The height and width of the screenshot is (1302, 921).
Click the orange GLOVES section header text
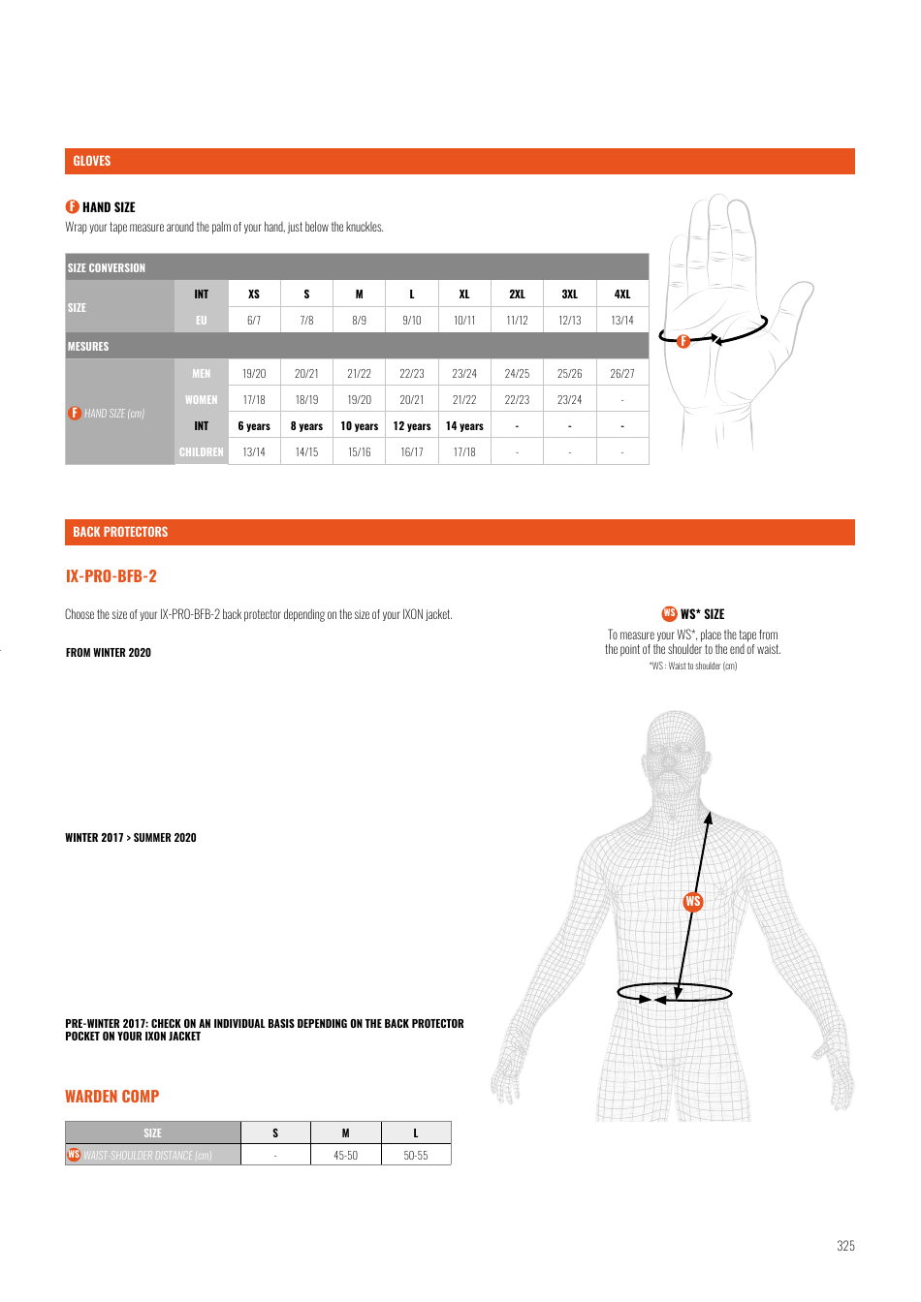(x=92, y=161)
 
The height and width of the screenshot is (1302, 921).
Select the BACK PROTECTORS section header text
(x=120, y=532)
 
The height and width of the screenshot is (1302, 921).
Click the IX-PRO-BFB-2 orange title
(x=111, y=576)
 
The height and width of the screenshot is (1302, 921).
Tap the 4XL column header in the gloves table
(x=622, y=294)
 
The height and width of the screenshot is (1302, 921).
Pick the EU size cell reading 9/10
(x=411, y=320)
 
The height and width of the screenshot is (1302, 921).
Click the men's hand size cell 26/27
(x=622, y=373)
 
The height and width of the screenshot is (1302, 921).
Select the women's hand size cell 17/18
(x=254, y=399)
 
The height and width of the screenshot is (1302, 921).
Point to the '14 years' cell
(x=464, y=426)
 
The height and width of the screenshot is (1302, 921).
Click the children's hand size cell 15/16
(x=359, y=452)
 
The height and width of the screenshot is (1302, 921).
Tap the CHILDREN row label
(x=202, y=452)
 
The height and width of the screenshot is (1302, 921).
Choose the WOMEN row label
(x=202, y=399)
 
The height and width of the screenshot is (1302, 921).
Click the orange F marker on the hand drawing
(x=683, y=341)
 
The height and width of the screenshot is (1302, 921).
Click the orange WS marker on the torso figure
(x=692, y=901)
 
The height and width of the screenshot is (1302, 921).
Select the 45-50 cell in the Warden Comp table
(x=346, y=1156)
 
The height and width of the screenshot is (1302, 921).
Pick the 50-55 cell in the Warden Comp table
(x=416, y=1156)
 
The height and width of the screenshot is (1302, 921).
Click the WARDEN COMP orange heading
(x=112, y=1097)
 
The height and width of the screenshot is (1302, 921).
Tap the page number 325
(x=845, y=1246)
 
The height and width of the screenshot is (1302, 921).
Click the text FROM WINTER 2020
(x=109, y=653)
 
